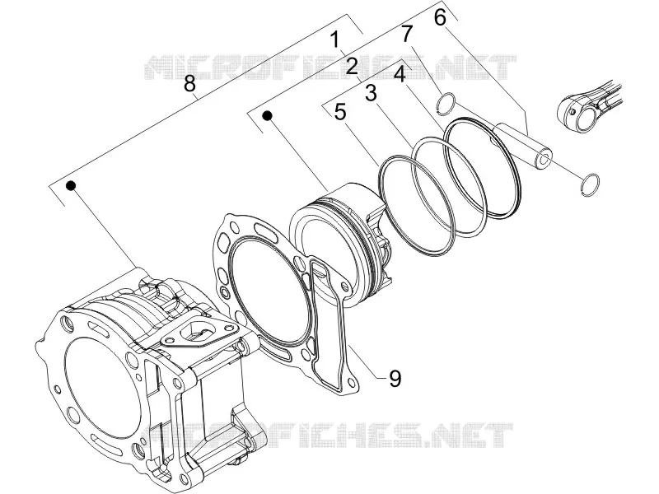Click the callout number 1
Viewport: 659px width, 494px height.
(x=334, y=40)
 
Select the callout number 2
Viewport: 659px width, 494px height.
(x=352, y=67)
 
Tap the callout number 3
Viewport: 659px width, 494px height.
(x=371, y=93)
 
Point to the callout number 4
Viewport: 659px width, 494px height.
(x=400, y=75)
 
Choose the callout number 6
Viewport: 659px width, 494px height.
(x=440, y=17)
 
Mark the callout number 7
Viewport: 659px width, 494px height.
(x=406, y=34)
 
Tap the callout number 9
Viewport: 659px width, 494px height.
(x=395, y=379)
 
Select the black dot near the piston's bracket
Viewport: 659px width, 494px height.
(x=267, y=115)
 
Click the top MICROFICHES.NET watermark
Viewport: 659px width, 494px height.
(x=330, y=68)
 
